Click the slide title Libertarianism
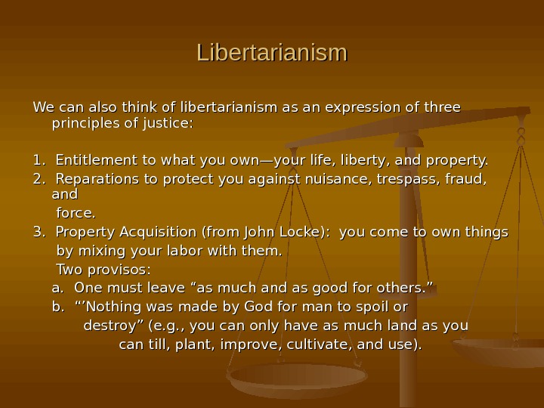point(272,54)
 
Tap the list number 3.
point(37,232)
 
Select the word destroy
point(106,326)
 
